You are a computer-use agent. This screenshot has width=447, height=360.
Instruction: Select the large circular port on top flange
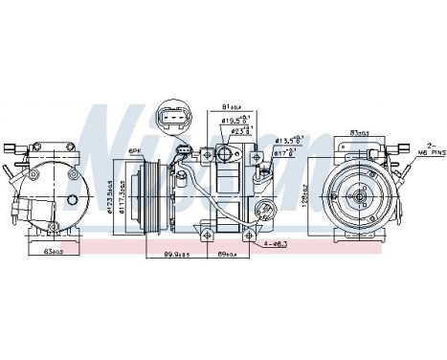[227, 154]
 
